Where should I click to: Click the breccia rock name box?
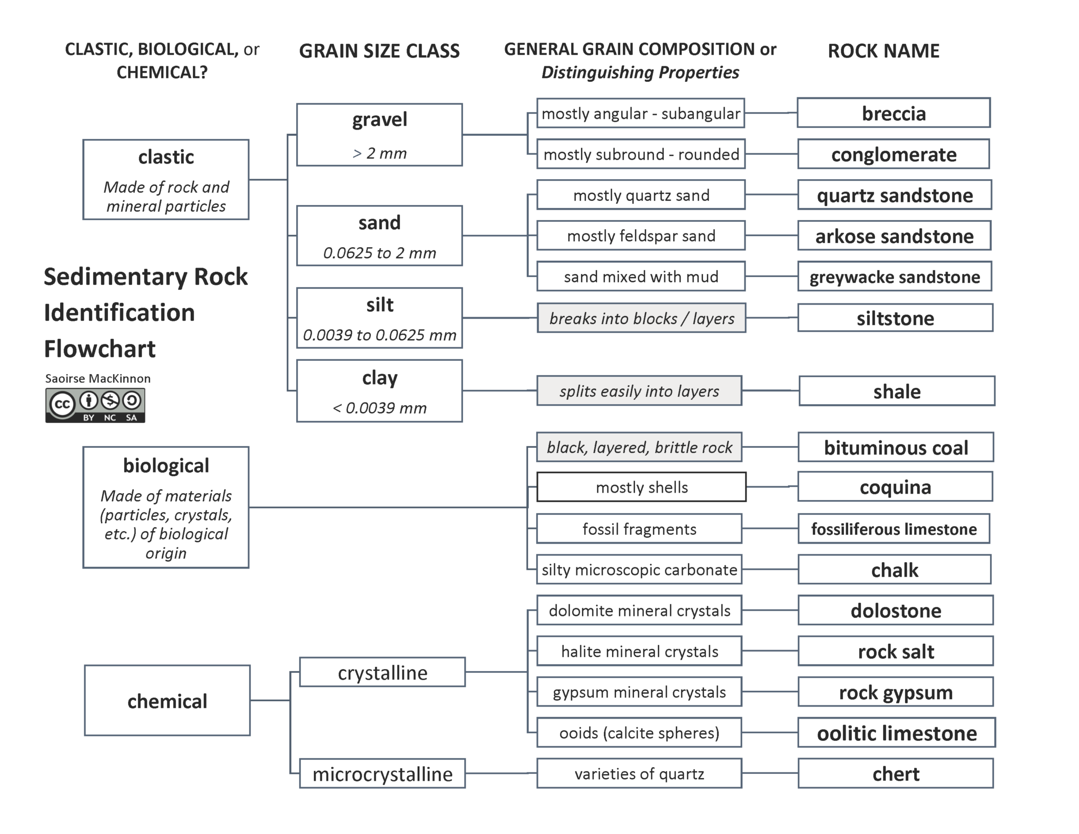[894, 113]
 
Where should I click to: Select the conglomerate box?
[894, 154]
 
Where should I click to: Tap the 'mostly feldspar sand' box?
[641, 236]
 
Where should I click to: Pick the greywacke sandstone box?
[895, 277]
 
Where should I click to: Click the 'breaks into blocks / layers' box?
[641, 318]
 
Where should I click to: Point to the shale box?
[897, 391]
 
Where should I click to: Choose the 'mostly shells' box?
[641, 487]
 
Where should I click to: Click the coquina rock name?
[895, 487]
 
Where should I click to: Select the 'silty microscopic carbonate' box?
[639, 570]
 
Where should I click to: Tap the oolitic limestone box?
[897, 733]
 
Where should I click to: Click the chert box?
[896, 773]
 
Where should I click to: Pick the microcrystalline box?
[382, 774]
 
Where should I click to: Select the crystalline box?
[382, 672]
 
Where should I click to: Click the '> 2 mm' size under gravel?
[379, 153]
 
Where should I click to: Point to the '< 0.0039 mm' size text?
[379, 408]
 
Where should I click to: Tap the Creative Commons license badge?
[95, 405]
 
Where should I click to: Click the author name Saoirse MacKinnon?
[98, 378]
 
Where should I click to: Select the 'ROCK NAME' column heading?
[884, 51]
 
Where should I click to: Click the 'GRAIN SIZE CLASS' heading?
[379, 51]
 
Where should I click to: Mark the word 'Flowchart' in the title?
[100, 349]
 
